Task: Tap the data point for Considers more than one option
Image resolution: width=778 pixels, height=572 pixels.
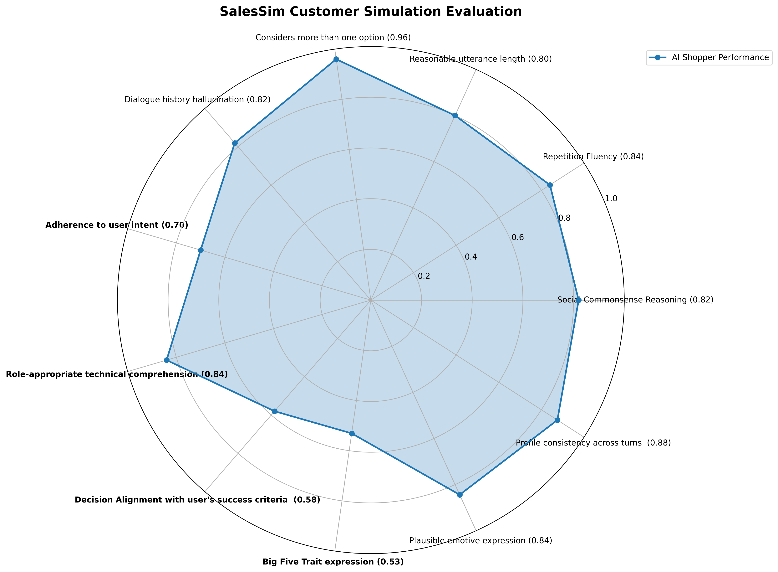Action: [336, 59]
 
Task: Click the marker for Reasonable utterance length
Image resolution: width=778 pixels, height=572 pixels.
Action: [455, 116]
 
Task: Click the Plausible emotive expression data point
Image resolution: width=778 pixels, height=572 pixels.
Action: [460, 495]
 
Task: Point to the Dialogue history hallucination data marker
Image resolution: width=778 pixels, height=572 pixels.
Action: [235, 143]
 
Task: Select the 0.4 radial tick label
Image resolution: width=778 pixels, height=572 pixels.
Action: [471, 257]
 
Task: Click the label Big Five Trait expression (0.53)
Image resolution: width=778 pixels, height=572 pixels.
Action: [333, 562]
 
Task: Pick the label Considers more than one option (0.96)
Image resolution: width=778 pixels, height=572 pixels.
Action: [333, 37]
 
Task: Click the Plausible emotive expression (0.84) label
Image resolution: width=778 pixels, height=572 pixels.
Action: [480, 540]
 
